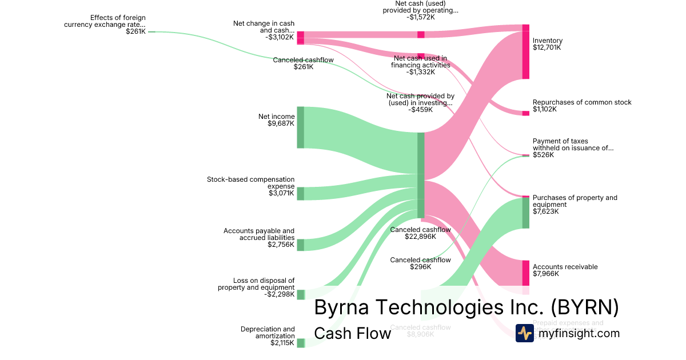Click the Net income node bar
[300, 127]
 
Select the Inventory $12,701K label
[547, 44]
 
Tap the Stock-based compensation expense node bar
[300, 193]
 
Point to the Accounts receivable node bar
[525, 273]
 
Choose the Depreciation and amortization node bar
[300, 343]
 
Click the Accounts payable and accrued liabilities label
[259, 238]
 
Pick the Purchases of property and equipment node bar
[525, 213]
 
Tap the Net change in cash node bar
[300, 38]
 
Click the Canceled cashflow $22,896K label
[420, 233]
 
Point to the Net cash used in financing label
[420, 65]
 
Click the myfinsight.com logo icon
[524, 333]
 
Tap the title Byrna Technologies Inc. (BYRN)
[466, 307]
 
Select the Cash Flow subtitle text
[352, 333]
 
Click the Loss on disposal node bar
[300, 295]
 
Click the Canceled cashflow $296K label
[420, 263]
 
